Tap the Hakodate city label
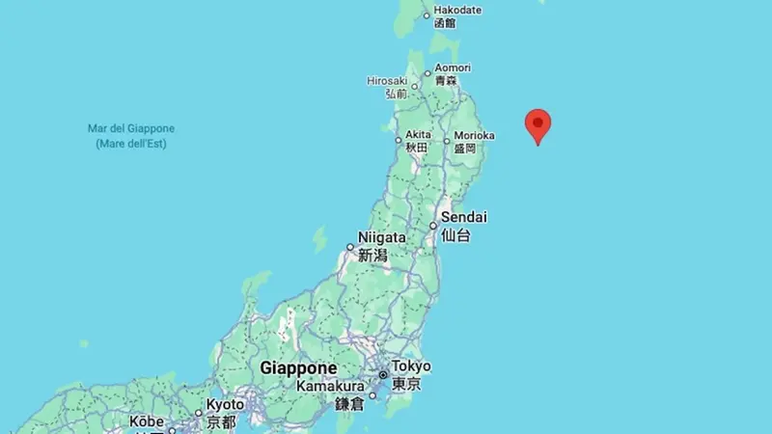pyautogui.click(x=457, y=10)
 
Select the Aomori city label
pyautogui.click(x=453, y=68)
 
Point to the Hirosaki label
pyautogui.click(x=388, y=81)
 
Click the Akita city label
pyautogui.click(x=419, y=134)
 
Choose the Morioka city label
pyautogui.click(x=475, y=135)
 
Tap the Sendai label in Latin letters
pyautogui.click(x=464, y=217)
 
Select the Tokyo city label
pyautogui.click(x=412, y=366)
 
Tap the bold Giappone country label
pyautogui.click(x=298, y=368)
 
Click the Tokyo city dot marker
pyautogui.click(x=384, y=374)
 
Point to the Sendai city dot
pyautogui.click(x=433, y=226)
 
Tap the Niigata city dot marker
pyautogui.click(x=350, y=247)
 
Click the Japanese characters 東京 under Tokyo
pyautogui.click(x=407, y=384)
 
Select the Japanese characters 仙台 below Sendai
pyautogui.click(x=455, y=234)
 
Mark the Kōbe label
pyautogui.click(x=148, y=421)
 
